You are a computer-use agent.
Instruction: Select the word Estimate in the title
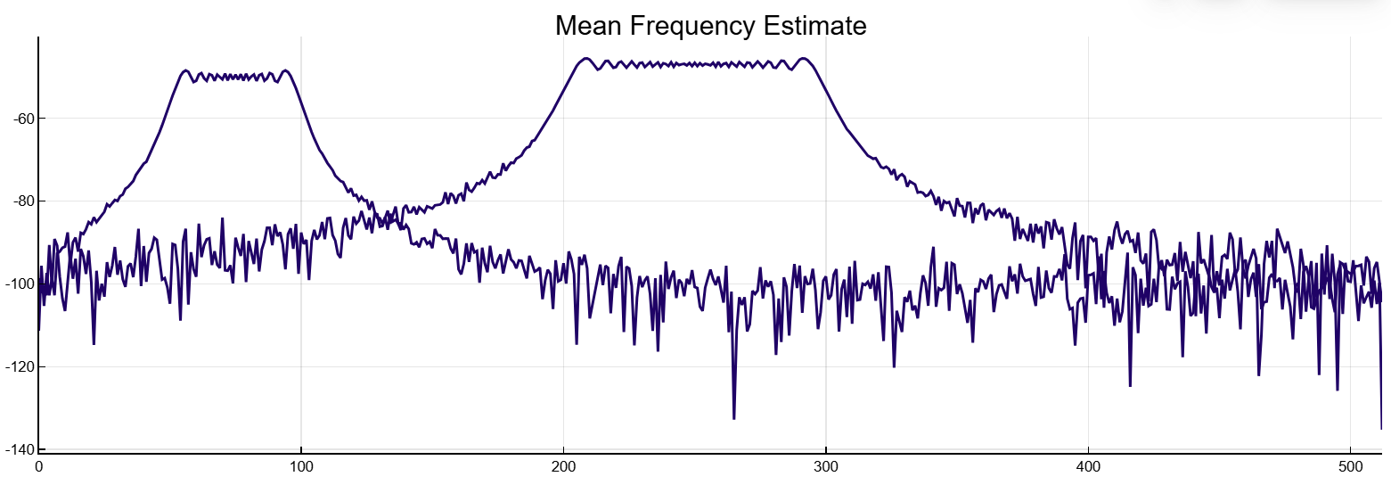tap(814, 26)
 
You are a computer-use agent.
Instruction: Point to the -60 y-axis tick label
tap(20, 119)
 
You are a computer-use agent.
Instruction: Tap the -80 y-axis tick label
tap(20, 201)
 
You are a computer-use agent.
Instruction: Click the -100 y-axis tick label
tap(17, 284)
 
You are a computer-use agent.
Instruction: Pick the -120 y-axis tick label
tap(17, 366)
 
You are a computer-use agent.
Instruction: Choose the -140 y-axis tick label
tap(17, 449)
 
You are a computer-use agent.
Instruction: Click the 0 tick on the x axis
tap(38, 465)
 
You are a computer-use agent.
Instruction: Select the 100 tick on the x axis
tap(301, 465)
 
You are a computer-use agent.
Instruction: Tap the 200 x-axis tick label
tap(563, 465)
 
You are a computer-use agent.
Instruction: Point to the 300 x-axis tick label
tap(826, 465)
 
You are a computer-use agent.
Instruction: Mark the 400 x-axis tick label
tap(1088, 465)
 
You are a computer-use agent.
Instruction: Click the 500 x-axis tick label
tap(1351, 465)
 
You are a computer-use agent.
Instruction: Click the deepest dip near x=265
tap(734, 418)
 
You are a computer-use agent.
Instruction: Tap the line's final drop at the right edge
tap(1381, 428)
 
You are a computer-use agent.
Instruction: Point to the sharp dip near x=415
tap(1130, 385)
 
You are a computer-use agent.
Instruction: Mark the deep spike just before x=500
tap(1337, 389)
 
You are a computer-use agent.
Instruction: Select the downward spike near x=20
tap(94, 343)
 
